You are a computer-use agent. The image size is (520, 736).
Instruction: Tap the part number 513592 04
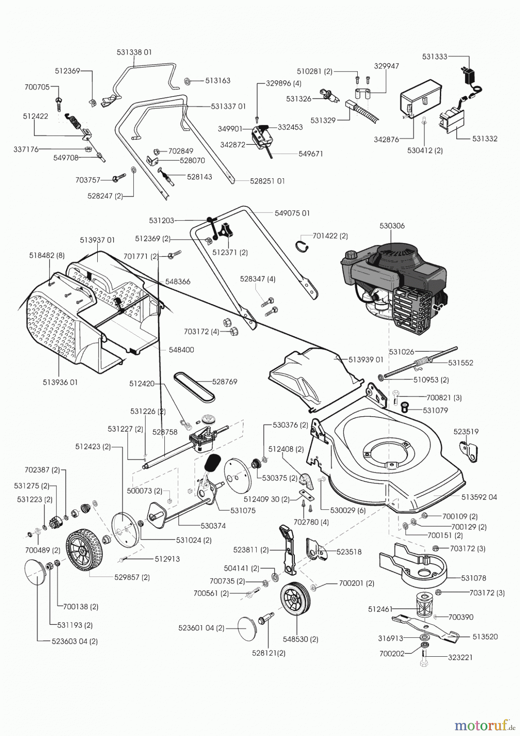(479, 497)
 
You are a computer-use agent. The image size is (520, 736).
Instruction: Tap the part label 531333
(435, 57)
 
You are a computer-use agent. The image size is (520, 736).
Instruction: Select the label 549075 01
(292, 213)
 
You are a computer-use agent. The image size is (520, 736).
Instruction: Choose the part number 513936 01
(60, 382)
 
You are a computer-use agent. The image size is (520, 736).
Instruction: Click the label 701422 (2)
(330, 236)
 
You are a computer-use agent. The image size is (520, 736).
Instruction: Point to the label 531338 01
(134, 52)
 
